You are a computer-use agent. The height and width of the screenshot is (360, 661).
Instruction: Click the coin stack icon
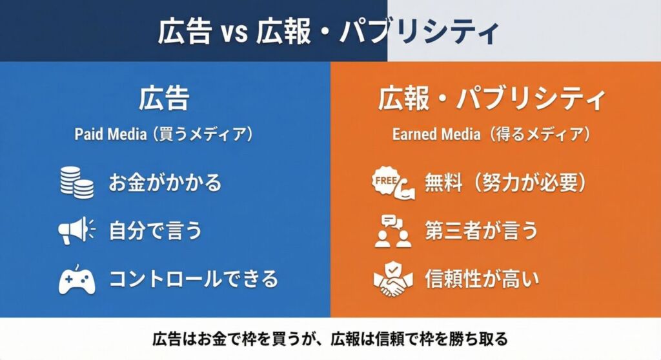(76, 183)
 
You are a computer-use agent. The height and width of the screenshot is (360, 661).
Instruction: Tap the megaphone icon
(76, 231)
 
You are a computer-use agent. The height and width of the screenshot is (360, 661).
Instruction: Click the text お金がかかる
(165, 183)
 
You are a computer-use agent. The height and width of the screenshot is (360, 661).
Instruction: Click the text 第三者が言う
(481, 231)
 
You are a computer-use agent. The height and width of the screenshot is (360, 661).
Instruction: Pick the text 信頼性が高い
(481, 279)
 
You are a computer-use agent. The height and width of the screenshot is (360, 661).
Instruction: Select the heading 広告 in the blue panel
(164, 99)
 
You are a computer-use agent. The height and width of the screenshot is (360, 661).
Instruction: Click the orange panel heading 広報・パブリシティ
(492, 99)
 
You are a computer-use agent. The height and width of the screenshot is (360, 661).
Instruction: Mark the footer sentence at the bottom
(330, 339)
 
